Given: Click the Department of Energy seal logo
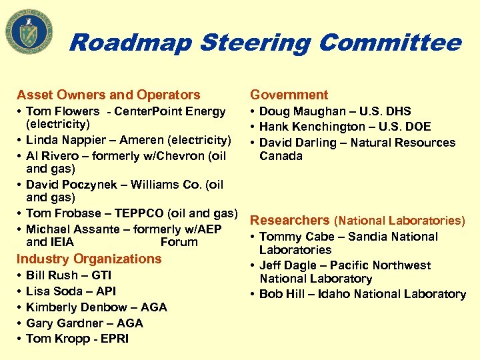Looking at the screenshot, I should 29,32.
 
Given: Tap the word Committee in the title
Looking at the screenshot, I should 390,43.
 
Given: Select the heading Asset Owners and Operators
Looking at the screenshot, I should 108,95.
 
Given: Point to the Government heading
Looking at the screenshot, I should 289,95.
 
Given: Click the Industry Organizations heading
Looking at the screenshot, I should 89,259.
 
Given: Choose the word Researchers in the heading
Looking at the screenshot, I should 290,220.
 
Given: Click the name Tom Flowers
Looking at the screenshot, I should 63,111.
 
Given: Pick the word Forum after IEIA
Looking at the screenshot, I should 179,242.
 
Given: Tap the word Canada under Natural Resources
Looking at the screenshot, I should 281,156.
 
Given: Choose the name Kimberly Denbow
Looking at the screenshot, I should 70,307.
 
